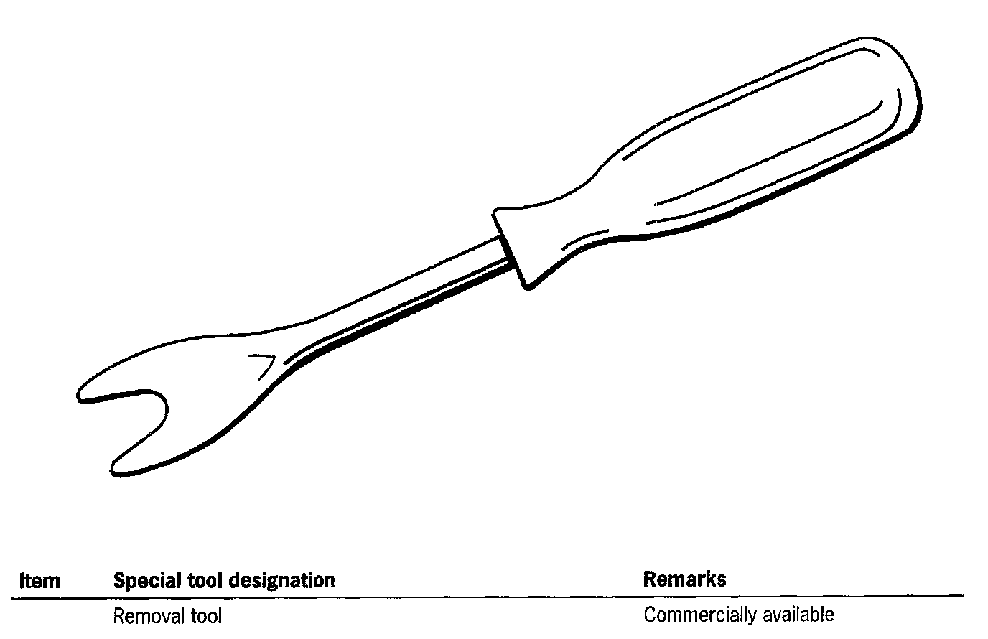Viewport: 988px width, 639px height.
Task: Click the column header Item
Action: click(x=39, y=580)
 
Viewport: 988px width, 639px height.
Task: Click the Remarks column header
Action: click(x=684, y=579)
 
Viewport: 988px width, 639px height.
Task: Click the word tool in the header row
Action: click(x=203, y=580)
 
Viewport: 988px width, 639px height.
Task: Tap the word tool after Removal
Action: click(x=205, y=616)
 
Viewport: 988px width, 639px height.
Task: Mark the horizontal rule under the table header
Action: click(x=488, y=596)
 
